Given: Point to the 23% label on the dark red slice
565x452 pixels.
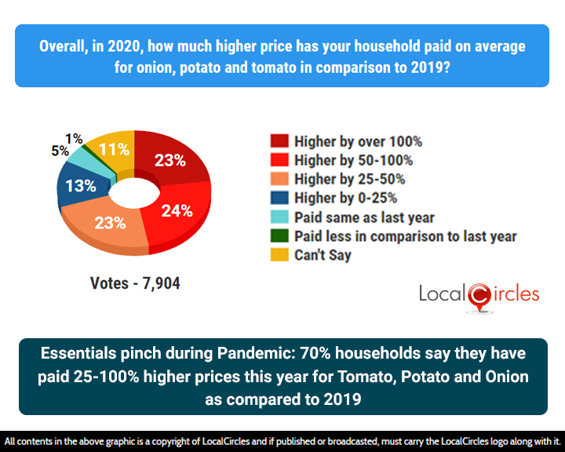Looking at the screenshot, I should click(169, 160).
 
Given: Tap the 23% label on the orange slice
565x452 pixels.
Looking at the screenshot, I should click(110, 222).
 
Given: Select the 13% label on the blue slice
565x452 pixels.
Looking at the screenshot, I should click(81, 186).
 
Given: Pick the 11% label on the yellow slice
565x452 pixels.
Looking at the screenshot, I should click(114, 150).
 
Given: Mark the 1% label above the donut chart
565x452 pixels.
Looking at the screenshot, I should click(75, 139).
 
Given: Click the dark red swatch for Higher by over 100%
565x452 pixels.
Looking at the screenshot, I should click(277, 141).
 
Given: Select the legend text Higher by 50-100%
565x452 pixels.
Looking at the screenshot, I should click(353, 160).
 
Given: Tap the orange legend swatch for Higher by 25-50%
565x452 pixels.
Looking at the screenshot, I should click(277, 179).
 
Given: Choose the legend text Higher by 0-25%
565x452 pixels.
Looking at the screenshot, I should click(345, 198).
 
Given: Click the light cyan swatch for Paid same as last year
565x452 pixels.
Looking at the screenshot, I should click(277, 217).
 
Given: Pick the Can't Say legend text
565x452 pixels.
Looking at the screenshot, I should click(323, 254).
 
